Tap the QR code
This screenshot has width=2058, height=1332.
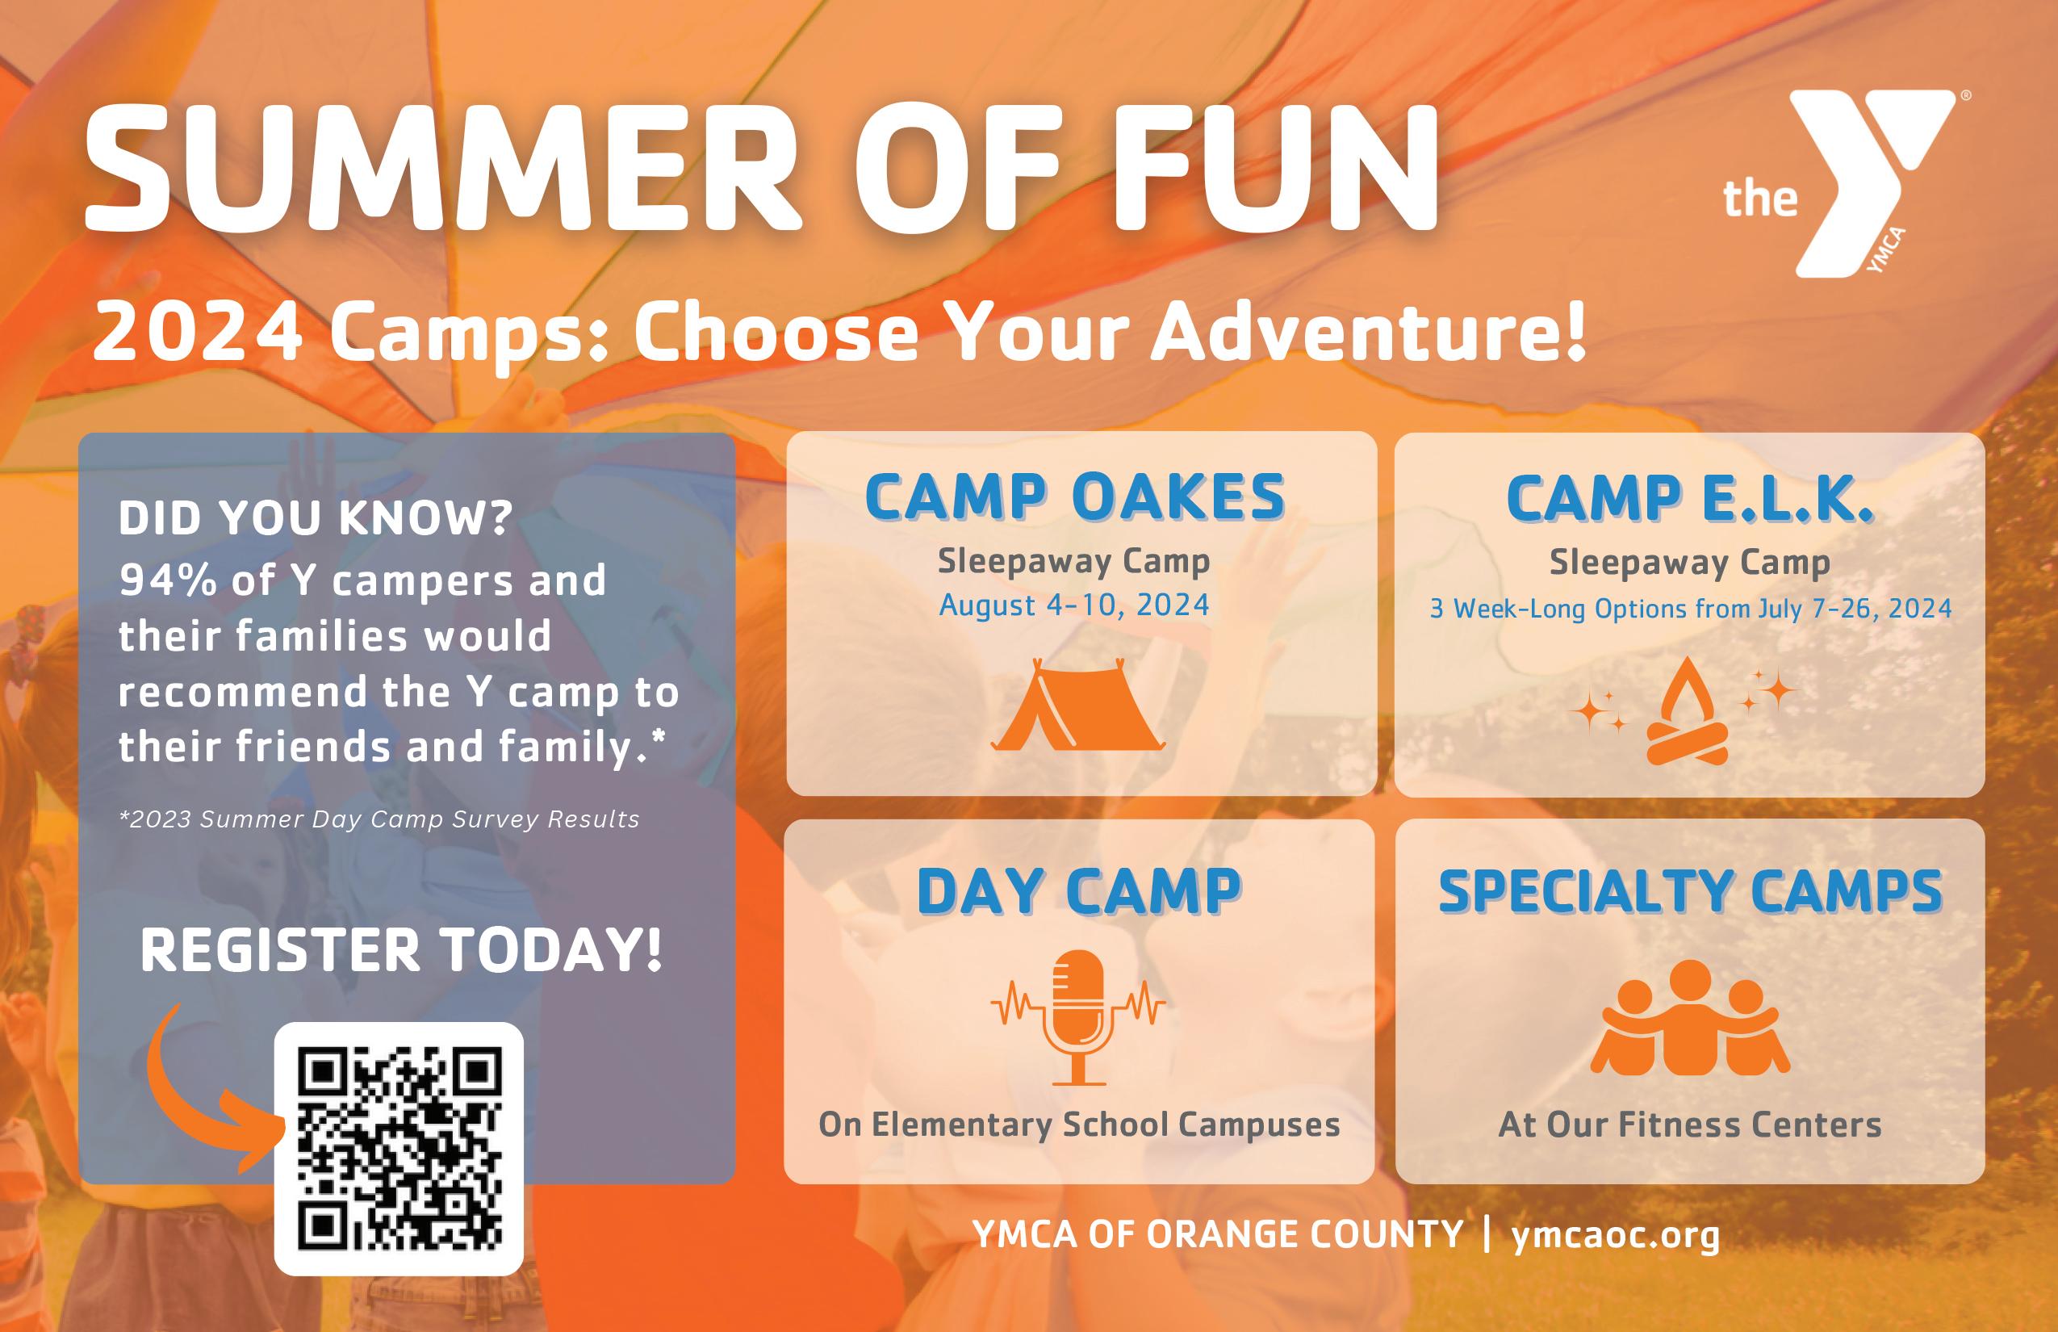pos(399,1150)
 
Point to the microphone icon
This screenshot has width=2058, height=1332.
pos(1077,1017)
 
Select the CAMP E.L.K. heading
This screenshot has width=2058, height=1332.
pos(1690,499)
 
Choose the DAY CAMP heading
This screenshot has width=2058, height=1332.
pos(1078,891)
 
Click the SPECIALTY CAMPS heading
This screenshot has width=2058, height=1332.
pos(1690,891)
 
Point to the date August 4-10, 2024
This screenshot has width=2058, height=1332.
pos(1074,605)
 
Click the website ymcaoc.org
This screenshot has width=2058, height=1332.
pos(1616,1234)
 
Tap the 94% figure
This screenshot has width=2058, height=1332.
pos(168,580)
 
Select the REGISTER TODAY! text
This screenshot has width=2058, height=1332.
pos(401,951)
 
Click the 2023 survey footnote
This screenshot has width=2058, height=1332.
pos(379,819)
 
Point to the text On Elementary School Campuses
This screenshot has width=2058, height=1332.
pos(1079,1125)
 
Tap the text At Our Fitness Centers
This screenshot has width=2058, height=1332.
pos(1690,1125)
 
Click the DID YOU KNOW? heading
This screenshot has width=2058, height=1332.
pos(316,518)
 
